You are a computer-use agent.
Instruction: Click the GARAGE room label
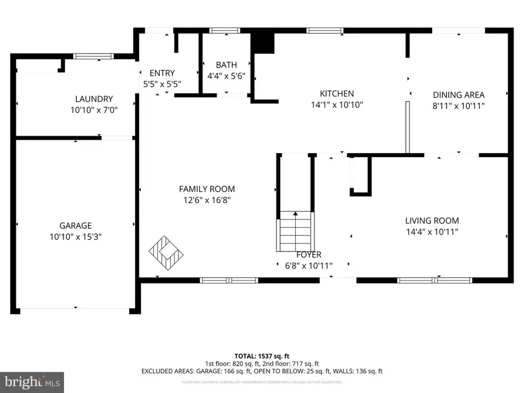pos(75,225)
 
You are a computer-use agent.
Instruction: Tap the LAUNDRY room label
pos(94,99)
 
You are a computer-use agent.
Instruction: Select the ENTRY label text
pos(162,73)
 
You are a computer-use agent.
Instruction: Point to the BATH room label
pos(226,65)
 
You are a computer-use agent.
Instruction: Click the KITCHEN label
pos(337,94)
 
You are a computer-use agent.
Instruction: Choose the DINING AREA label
pos(458,95)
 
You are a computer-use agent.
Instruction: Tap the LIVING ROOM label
pos(432,221)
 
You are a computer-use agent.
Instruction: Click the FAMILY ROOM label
pos(207,189)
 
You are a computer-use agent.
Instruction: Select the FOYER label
pos(309,255)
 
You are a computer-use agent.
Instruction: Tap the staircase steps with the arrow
pos(296,230)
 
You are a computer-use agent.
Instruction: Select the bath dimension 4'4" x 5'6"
pos(226,76)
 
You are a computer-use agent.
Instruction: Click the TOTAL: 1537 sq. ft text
pos(261,355)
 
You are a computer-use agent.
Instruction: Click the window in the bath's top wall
pos(225,31)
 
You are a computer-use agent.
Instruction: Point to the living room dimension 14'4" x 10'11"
pos(432,232)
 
